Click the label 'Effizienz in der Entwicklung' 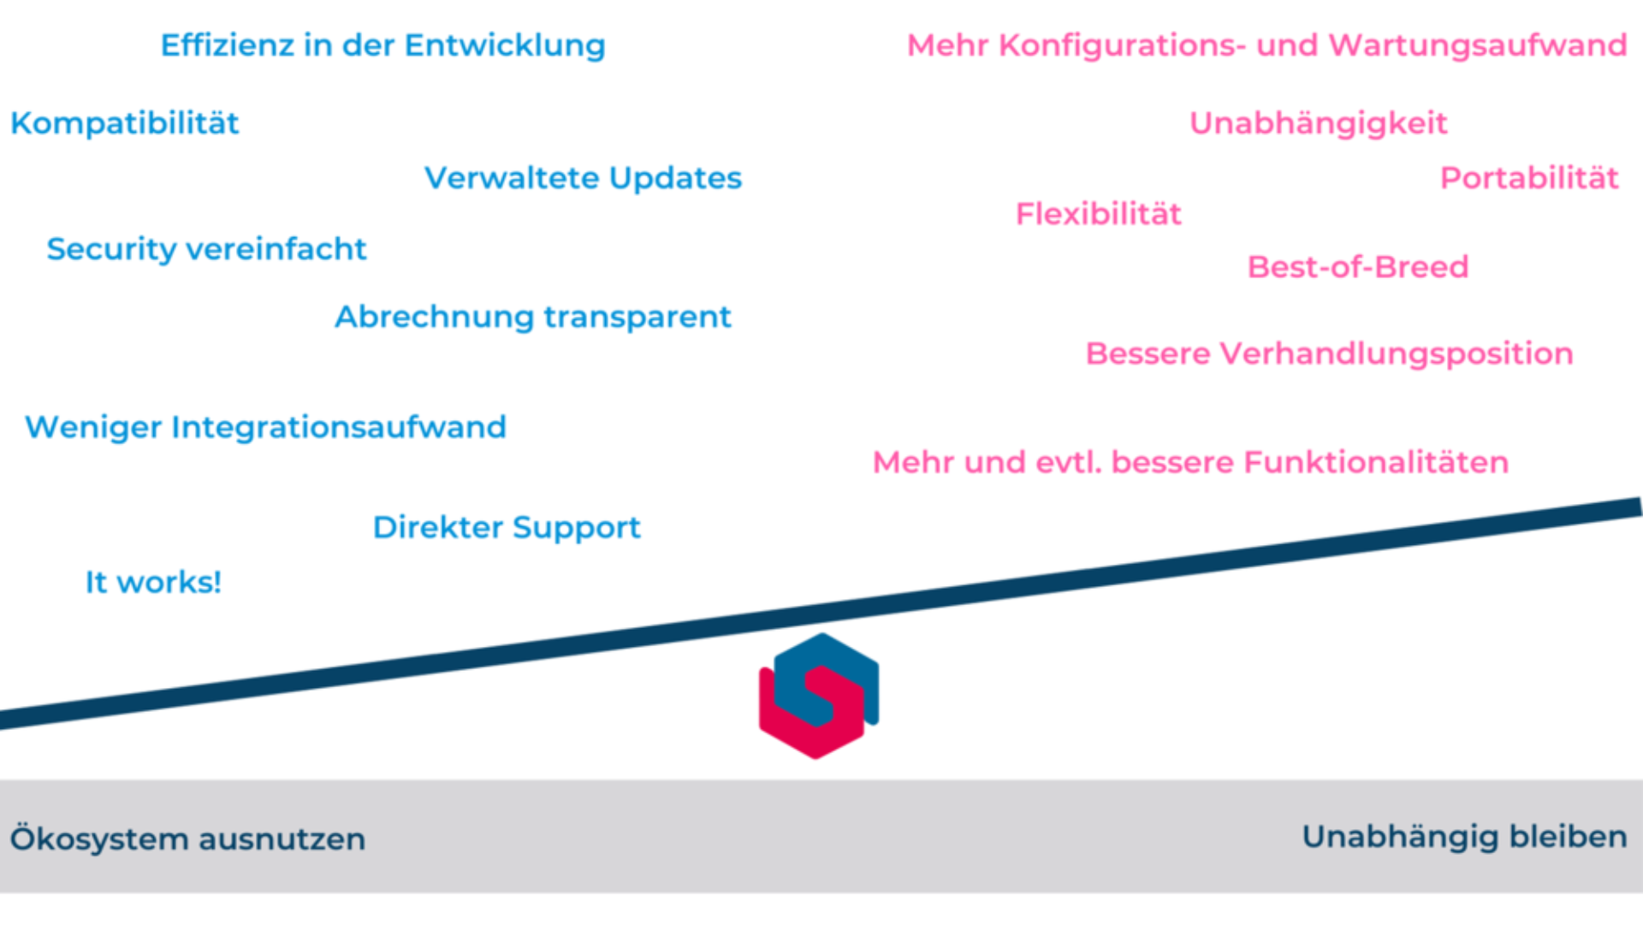tap(383, 45)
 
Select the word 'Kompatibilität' tap(125, 123)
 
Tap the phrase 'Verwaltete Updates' tap(583, 178)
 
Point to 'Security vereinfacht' tap(206, 249)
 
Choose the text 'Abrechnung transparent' tap(532, 317)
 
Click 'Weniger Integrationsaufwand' tap(265, 427)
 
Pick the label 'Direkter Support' tap(507, 527)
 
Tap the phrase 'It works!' tap(153, 583)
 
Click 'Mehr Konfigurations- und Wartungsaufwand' tap(1266, 45)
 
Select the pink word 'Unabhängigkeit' tap(1318, 123)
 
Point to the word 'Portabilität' tap(1529, 178)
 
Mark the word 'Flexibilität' tap(1098, 214)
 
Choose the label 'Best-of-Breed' tap(1358, 267)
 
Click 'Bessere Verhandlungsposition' tap(1329, 353)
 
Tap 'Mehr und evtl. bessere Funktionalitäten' tap(1190, 462)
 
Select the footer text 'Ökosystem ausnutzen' tap(187, 839)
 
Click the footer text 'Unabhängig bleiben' tap(1464, 836)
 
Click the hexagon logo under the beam tap(819, 697)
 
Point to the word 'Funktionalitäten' tap(1376, 462)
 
